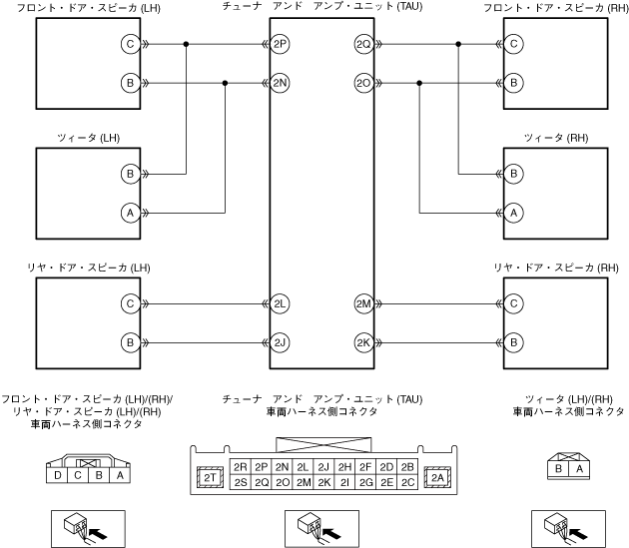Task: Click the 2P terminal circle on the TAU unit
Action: coord(280,45)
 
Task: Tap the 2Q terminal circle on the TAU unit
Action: coord(363,45)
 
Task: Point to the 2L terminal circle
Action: coord(280,303)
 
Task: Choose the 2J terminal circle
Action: coord(280,343)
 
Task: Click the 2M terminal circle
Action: coord(363,303)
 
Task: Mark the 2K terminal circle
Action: coord(363,343)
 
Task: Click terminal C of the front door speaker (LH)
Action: coord(130,45)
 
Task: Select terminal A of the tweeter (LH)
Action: coord(130,213)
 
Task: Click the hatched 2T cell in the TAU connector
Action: coord(211,478)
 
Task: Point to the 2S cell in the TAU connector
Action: coord(240,483)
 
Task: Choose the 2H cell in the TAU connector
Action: coord(342,467)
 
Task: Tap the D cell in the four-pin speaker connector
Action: coord(59,476)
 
